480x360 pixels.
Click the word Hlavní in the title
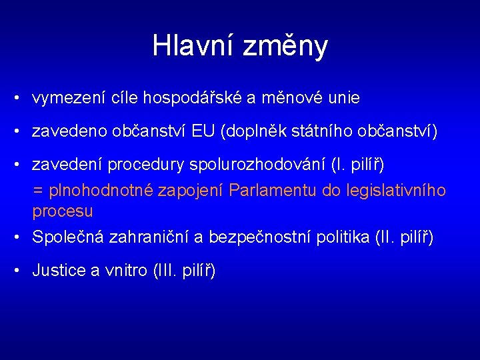(193, 45)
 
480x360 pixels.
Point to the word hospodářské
(195, 99)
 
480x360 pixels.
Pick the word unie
(345, 99)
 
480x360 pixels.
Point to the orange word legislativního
(396, 191)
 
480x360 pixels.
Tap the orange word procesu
(63, 211)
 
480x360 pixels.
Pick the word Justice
(58, 270)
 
